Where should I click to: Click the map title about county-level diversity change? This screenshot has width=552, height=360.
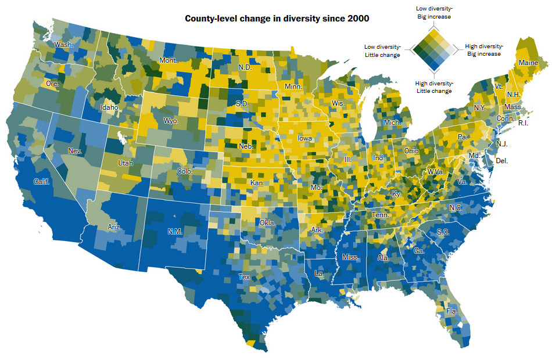point(277,19)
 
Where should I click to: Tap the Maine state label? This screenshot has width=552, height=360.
point(528,62)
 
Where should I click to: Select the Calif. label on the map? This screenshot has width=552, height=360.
point(41,181)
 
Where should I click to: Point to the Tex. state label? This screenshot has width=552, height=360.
point(245,278)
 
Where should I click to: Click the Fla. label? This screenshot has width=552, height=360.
point(451,311)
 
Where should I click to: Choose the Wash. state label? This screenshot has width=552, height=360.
point(63,45)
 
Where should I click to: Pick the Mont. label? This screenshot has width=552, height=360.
point(168,60)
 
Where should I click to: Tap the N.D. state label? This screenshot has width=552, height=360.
point(245,67)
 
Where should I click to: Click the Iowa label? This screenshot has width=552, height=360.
point(304,138)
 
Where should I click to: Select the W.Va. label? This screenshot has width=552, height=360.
point(436,172)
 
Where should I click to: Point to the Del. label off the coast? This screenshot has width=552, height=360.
point(501,160)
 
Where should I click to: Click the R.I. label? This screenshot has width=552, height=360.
point(524,123)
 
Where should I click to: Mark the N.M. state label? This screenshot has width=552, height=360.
point(175,231)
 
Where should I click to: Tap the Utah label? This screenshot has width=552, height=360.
point(125,163)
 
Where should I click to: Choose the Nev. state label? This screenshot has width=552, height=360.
point(75,151)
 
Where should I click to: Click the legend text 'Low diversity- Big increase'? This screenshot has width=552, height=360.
point(434,13)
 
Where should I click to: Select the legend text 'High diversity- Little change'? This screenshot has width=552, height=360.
point(434,87)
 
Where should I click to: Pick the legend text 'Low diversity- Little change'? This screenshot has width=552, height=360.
point(382,51)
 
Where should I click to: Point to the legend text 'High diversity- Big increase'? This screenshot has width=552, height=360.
point(484,50)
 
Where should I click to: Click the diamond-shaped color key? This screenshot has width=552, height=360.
point(433,51)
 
